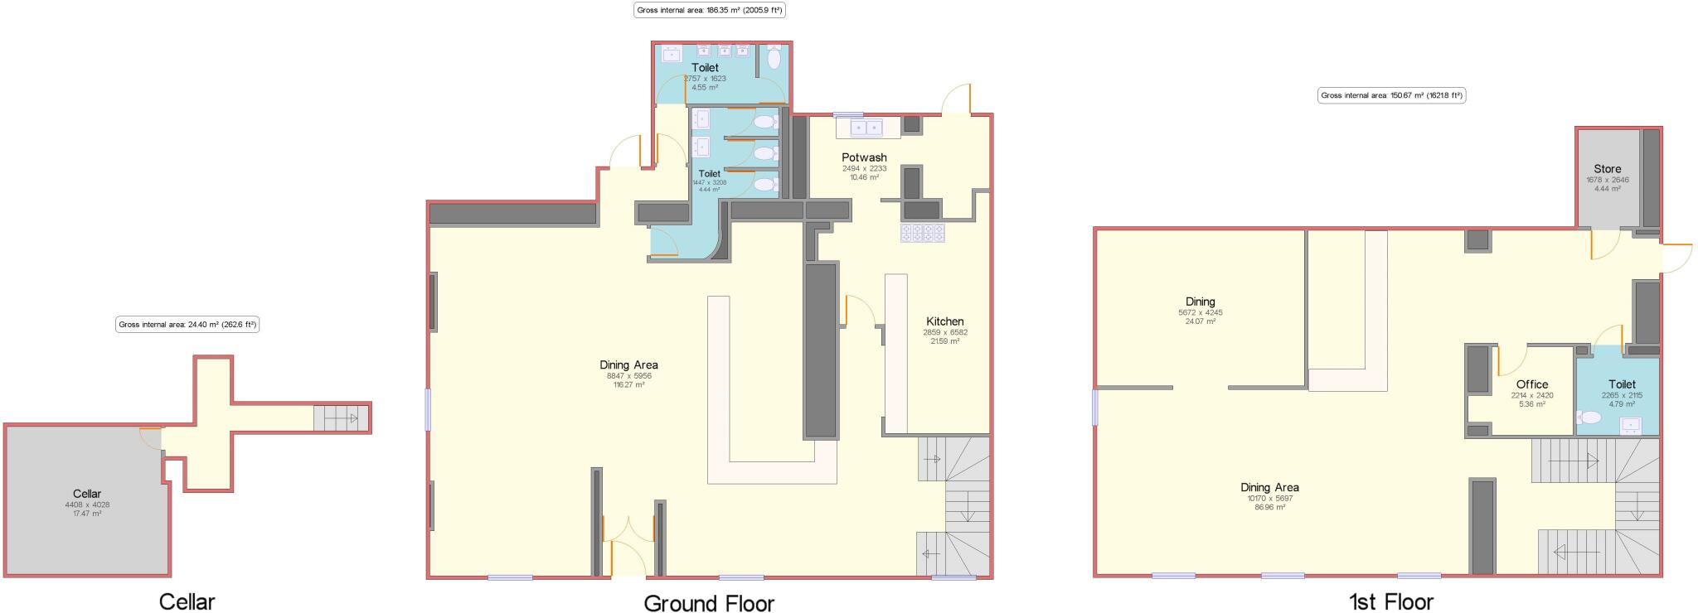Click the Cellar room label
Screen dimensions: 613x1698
87,494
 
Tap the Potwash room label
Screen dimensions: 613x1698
864,157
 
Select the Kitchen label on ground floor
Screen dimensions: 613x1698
945,321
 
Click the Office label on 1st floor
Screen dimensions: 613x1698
1531,384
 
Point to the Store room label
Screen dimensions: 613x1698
1607,169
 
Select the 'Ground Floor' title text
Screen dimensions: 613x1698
709,602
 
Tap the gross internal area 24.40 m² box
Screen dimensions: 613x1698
187,325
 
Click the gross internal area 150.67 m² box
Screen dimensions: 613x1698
1391,95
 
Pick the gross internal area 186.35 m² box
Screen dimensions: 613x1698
709,11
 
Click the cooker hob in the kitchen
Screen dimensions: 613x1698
923,233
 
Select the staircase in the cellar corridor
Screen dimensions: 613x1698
341,418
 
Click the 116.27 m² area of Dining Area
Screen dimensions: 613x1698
628,385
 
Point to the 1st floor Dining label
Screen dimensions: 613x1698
1200,302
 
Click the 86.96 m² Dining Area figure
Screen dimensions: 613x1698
1269,508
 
